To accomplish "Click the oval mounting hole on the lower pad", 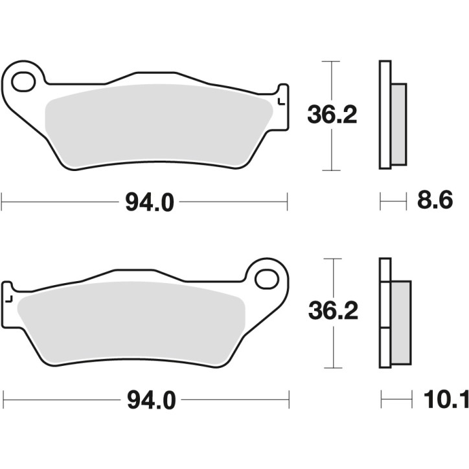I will click(x=266, y=279).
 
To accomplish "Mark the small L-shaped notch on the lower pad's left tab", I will click(x=10, y=299).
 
